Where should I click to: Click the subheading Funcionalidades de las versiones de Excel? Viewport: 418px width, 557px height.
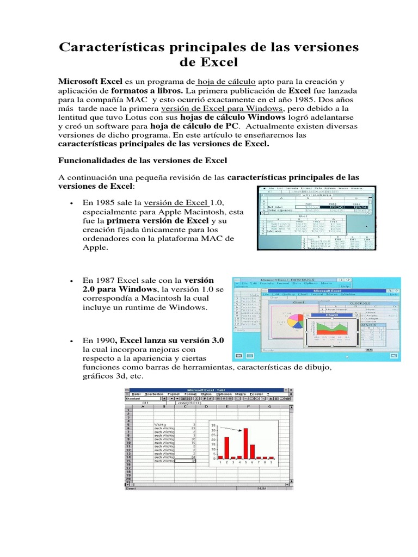138,160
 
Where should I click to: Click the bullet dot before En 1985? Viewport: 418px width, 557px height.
72,203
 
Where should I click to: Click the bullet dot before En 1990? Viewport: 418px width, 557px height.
72,340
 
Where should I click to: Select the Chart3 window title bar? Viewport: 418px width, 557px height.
332,315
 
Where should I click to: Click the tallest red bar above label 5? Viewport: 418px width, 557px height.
245,443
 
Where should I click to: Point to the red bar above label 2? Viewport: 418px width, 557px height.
226,448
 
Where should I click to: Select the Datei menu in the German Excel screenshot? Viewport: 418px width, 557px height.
135,393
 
